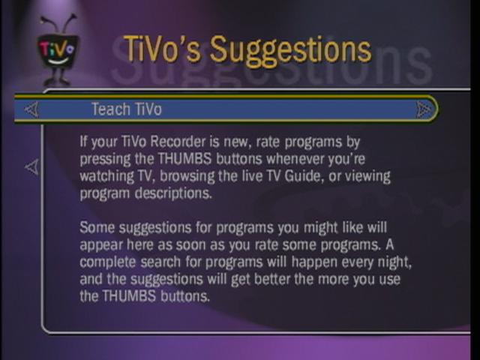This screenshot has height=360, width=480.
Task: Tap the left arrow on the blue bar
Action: pyautogui.click(x=31, y=109)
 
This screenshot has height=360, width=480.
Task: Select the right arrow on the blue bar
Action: pyautogui.click(x=424, y=109)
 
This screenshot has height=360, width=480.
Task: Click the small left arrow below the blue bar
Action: pyautogui.click(x=31, y=166)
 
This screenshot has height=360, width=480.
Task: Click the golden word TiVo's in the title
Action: pyautogui.click(x=162, y=49)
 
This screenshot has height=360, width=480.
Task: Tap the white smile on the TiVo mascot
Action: pyautogui.click(x=57, y=61)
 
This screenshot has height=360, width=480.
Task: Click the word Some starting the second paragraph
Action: pyautogui.click(x=97, y=228)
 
